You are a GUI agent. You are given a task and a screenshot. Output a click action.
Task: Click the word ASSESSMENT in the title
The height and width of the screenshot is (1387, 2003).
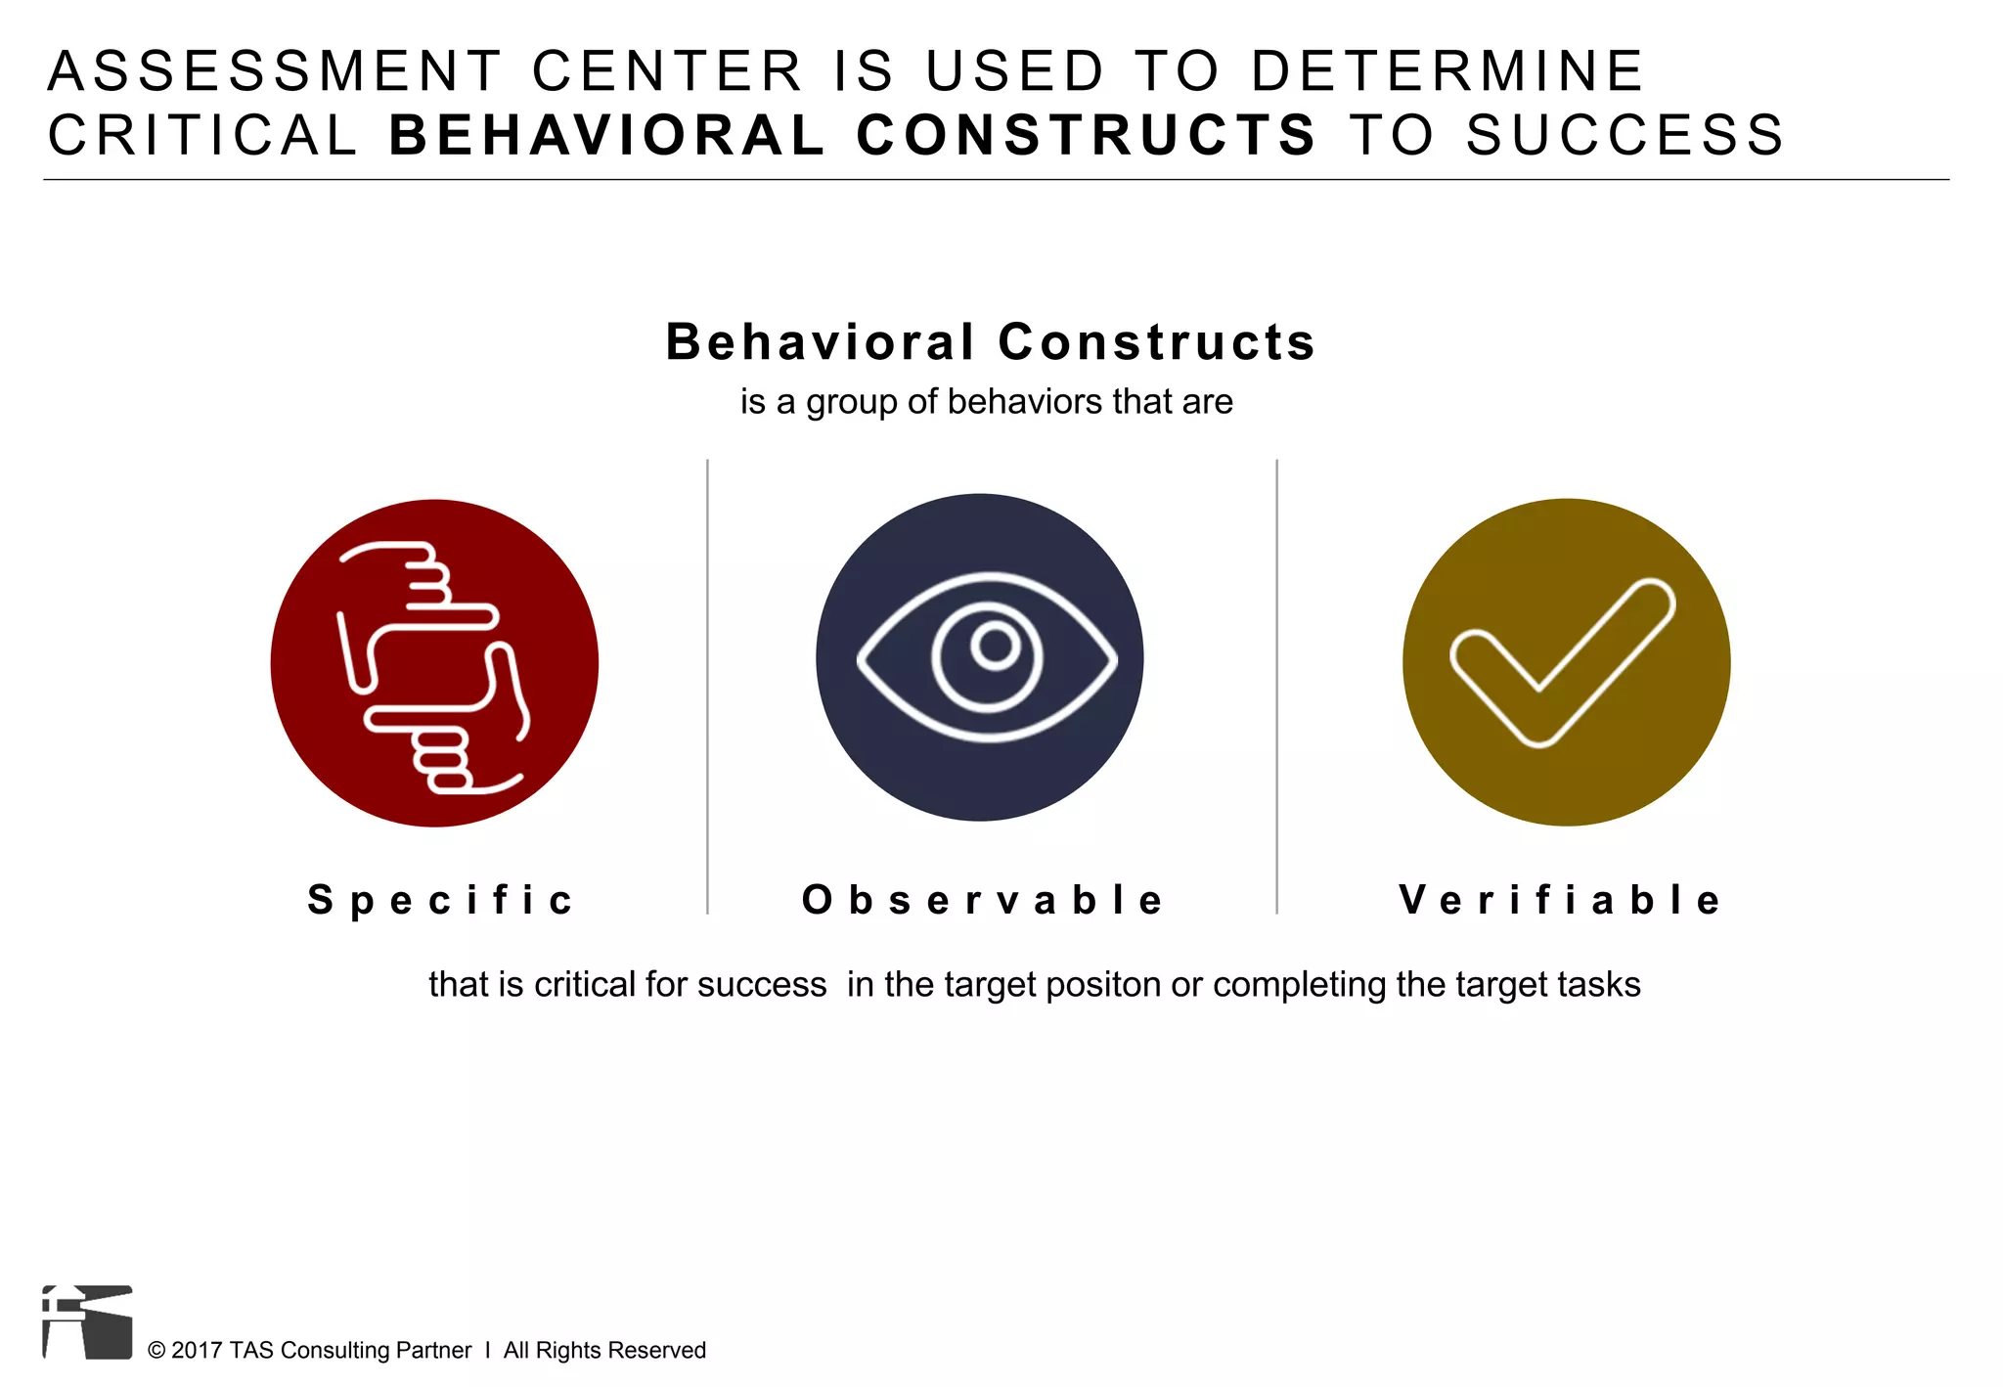coord(275,71)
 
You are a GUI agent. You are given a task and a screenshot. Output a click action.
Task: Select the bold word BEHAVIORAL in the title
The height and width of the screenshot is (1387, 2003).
coord(607,135)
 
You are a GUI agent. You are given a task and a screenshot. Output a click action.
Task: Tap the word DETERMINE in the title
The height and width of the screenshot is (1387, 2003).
coord(1447,71)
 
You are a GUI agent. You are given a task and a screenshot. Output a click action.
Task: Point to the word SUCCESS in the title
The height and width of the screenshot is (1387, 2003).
coord(1625,135)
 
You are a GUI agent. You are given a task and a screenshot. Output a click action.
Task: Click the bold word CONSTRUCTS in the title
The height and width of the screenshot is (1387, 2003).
coord(1087,135)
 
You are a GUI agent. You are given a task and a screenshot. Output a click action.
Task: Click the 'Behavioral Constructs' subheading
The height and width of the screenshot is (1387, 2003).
coord(990,342)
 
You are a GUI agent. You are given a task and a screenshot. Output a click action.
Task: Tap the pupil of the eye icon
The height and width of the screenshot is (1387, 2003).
coord(995,646)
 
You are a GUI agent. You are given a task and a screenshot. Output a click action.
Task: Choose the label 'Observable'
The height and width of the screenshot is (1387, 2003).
coord(983,900)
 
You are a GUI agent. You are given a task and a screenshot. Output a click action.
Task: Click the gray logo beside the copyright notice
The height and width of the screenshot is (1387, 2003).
coord(87,1321)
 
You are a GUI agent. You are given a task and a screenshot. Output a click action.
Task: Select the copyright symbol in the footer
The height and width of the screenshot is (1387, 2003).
coord(156,1351)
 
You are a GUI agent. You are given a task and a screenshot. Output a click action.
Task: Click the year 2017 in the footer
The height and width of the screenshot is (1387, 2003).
coord(198,1351)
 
